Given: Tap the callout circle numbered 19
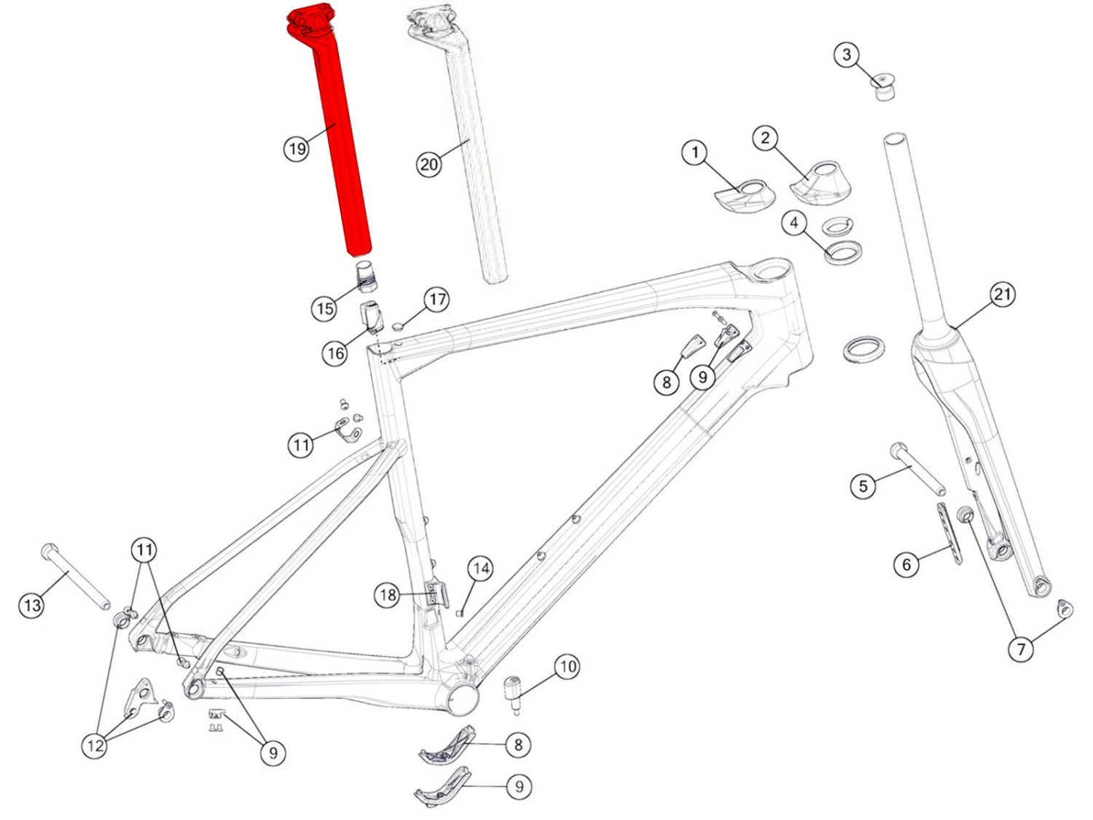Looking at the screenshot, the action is (x=297, y=149).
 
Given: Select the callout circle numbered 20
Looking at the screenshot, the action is (x=428, y=164).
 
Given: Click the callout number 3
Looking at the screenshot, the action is (x=847, y=54).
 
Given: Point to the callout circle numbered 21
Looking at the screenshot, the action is (x=1002, y=294).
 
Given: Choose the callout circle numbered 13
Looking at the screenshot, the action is (x=32, y=606).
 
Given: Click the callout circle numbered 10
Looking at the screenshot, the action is (x=568, y=667).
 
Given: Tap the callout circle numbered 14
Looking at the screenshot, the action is (x=480, y=569).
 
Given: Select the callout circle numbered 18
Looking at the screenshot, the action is (x=388, y=595).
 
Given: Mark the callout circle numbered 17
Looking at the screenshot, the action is (x=436, y=300).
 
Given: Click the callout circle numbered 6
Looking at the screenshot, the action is (x=906, y=564).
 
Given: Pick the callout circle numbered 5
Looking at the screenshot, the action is (x=863, y=485).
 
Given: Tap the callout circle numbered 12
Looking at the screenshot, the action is (x=95, y=746).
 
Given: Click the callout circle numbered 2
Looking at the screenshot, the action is (x=765, y=138).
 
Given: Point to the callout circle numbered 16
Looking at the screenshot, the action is (x=335, y=354).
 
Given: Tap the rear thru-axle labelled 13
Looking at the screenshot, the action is (x=75, y=576).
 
